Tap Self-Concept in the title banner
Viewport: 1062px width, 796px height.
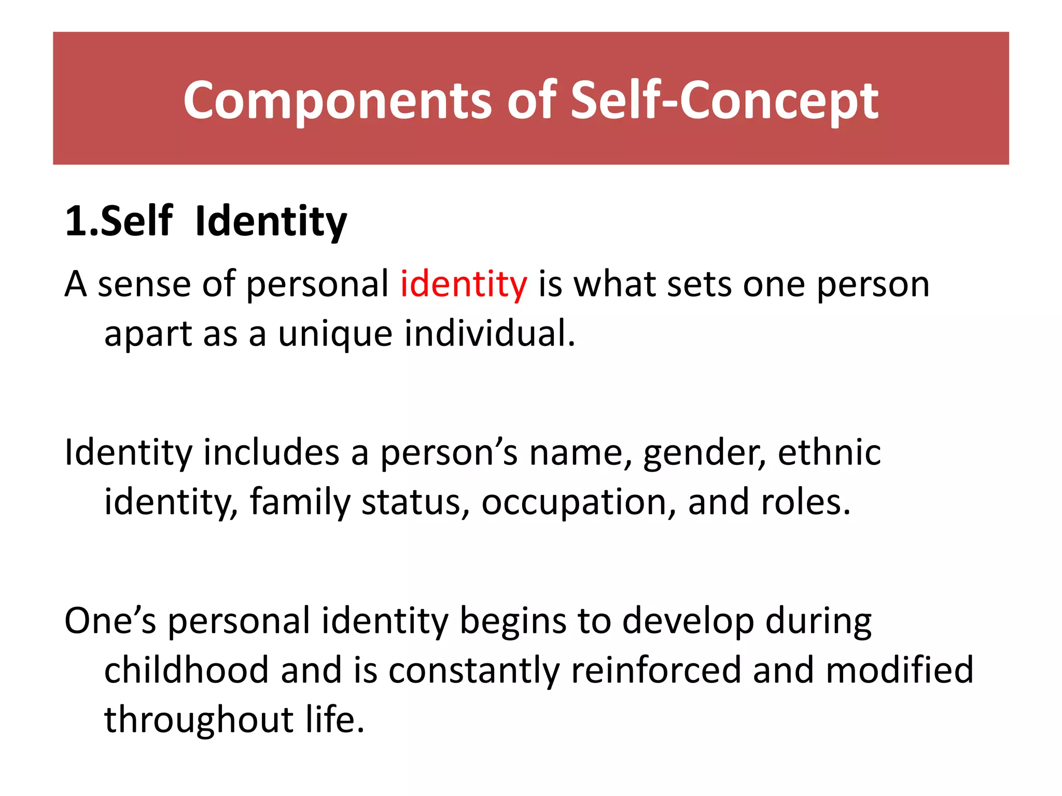point(724,101)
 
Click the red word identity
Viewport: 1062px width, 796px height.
point(464,285)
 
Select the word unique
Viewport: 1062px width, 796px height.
point(335,334)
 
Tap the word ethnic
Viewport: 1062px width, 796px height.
point(829,452)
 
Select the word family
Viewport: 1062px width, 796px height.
point(300,503)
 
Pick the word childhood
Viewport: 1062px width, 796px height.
point(187,670)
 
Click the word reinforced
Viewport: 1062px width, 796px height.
point(655,670)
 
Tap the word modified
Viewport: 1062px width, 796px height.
point(899,670)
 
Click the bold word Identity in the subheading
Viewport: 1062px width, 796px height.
point(271,222)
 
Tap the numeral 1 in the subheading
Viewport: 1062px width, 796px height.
point(76,222)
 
